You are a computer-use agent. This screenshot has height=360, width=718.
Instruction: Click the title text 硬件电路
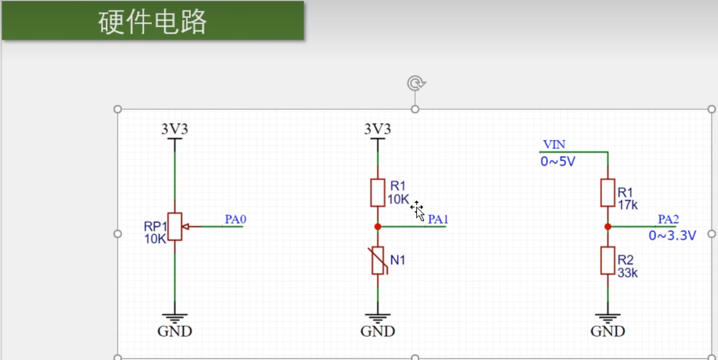pos(153,22)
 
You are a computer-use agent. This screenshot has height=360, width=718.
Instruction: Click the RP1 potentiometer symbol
pos(175,226)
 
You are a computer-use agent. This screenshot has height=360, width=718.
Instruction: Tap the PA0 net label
pos(236,220)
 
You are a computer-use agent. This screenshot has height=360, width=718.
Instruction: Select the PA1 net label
pos(438,220)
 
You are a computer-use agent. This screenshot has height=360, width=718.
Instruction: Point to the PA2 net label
pos(669,220)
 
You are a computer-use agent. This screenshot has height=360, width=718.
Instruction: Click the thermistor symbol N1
pos(378,260)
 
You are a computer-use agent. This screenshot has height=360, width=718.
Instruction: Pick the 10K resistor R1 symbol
pos(378,193)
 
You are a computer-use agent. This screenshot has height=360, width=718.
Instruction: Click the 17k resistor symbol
pos(608,193)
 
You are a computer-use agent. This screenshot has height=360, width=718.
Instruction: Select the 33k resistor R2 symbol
pos(608,260)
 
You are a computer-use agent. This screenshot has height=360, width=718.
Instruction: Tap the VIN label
pos(554,145)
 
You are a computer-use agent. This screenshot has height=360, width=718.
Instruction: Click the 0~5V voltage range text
pos(558,162)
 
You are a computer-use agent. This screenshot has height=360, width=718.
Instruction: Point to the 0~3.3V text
pos(672,235)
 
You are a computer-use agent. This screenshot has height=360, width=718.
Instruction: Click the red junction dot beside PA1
pos(378,227)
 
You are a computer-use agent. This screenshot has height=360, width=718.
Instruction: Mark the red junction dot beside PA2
pos(608,227)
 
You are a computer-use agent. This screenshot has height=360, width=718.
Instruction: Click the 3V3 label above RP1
pos(175,129)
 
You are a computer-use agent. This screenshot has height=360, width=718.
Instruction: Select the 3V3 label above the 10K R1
pos(377,129)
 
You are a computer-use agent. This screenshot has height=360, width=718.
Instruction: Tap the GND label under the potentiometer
pos(175,331)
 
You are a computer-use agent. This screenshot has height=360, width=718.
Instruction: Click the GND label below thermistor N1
pos(377,331)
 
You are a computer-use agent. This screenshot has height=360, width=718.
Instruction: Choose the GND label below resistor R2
pos(608,331)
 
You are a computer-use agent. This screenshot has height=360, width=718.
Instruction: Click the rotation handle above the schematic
pos(416,83)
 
